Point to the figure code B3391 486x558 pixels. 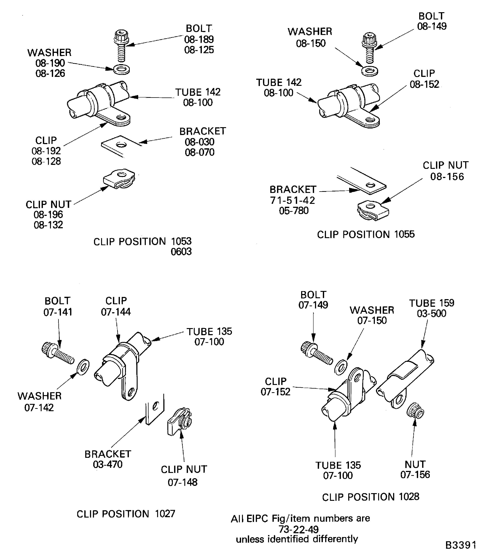(x=460, y=545)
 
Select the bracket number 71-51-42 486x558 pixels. (x=292, y=200)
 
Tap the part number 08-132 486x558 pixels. (x=48, y=225)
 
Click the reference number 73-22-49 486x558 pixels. (x=299, y=529)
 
